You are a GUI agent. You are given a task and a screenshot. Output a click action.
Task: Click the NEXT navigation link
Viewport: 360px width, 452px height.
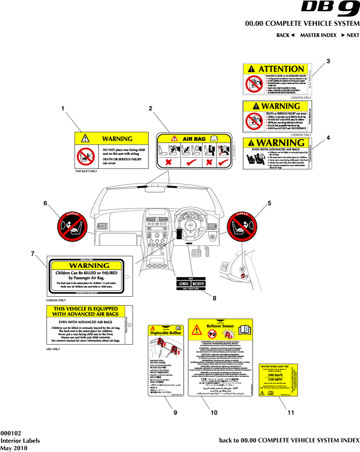point(350,35)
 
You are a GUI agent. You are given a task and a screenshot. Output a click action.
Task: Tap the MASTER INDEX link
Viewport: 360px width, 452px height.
point(318,35)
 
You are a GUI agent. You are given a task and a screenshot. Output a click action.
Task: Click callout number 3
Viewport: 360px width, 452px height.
point(328,62)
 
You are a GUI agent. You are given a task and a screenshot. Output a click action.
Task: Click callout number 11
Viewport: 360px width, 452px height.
point(291,412)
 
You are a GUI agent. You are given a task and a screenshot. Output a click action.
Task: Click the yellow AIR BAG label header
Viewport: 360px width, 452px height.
point(194,139)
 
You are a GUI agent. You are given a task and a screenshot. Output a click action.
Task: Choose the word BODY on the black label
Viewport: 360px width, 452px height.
point(198,283)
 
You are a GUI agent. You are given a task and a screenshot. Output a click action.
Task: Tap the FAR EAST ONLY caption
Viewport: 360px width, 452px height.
point(86,172)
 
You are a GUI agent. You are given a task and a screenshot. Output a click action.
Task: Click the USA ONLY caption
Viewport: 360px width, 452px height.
point(53,350)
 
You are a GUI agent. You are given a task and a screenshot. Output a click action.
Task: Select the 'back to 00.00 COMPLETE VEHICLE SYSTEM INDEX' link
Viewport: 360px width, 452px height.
point(289,440)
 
